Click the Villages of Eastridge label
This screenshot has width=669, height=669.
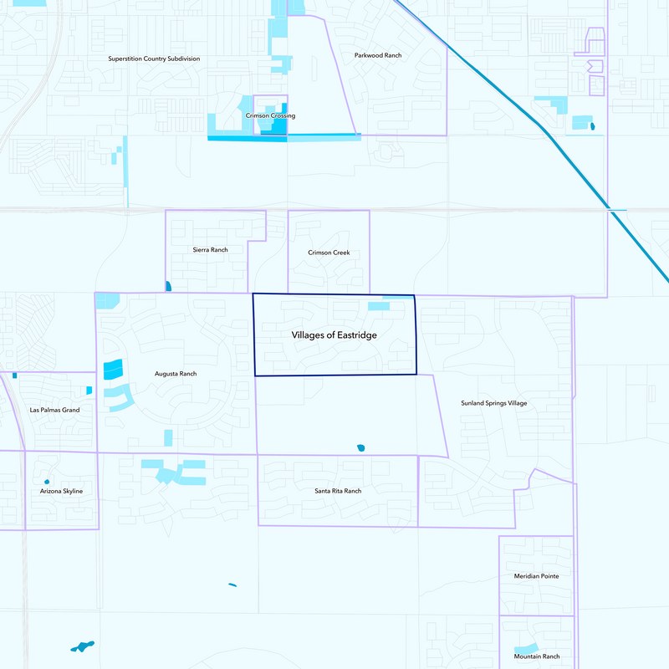(x=334, y=334)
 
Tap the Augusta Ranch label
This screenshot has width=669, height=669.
(x=176, y=374)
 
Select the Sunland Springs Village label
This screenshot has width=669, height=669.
(x=494, y=403)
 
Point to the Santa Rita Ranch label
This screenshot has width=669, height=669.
(x=338, y=491)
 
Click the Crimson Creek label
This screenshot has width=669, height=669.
(x=329, y=253)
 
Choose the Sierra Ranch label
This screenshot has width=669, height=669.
(x=210, y=250)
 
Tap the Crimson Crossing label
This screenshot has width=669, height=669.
(x=270, y=116)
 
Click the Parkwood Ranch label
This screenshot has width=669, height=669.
(x=378, y=55)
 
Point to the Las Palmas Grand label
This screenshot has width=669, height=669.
(x=54, y=411)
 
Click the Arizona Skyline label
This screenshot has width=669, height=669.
(x=62, y=491)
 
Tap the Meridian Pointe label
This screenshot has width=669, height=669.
(x=536, y=576)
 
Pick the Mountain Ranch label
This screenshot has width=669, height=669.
(x=537, y=657)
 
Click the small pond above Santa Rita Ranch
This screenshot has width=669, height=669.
(x=361, y=448)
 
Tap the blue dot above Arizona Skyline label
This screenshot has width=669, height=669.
(x=46, y=482)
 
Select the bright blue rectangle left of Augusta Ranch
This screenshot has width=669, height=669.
(x=112, y=368)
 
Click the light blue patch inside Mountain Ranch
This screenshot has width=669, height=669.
(x=525, y=649)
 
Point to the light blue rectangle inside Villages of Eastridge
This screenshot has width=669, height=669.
(x=379, y=306)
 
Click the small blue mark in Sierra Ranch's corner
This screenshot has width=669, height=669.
(x=169, y=286)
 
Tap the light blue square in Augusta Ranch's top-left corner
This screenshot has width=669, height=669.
(x=107, y=299)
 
